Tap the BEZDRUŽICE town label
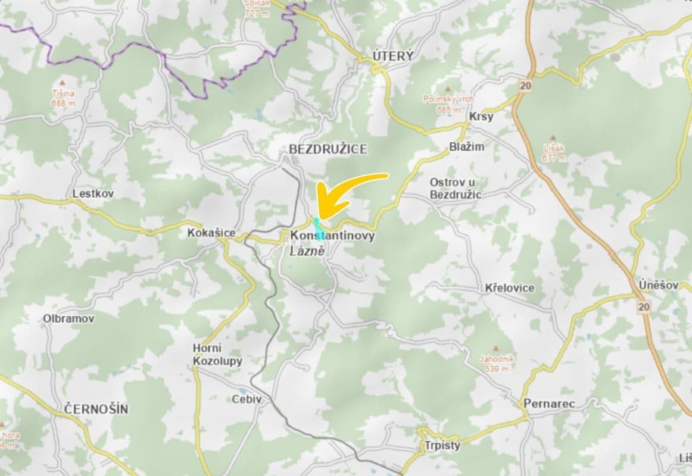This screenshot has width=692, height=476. tap(328, 149)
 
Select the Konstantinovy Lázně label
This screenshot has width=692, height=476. tap(332, 243)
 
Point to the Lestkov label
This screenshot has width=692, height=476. tap(93, 194)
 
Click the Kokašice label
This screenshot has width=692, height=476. tap(211, 233)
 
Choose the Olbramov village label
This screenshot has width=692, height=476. tap(68, 319)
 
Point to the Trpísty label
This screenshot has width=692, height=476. tap(442, 445)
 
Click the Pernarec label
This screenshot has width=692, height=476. tap(549, 404)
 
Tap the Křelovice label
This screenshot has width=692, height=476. tap(509, 288)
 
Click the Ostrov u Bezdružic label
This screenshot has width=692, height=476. tap(456, 187)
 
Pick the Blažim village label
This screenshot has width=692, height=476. tap(467, 146)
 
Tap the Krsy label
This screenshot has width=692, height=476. tap(481, 117)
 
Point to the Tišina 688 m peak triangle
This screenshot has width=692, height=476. tap(63, 83)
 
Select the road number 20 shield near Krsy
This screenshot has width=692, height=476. tap(525, 86)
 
